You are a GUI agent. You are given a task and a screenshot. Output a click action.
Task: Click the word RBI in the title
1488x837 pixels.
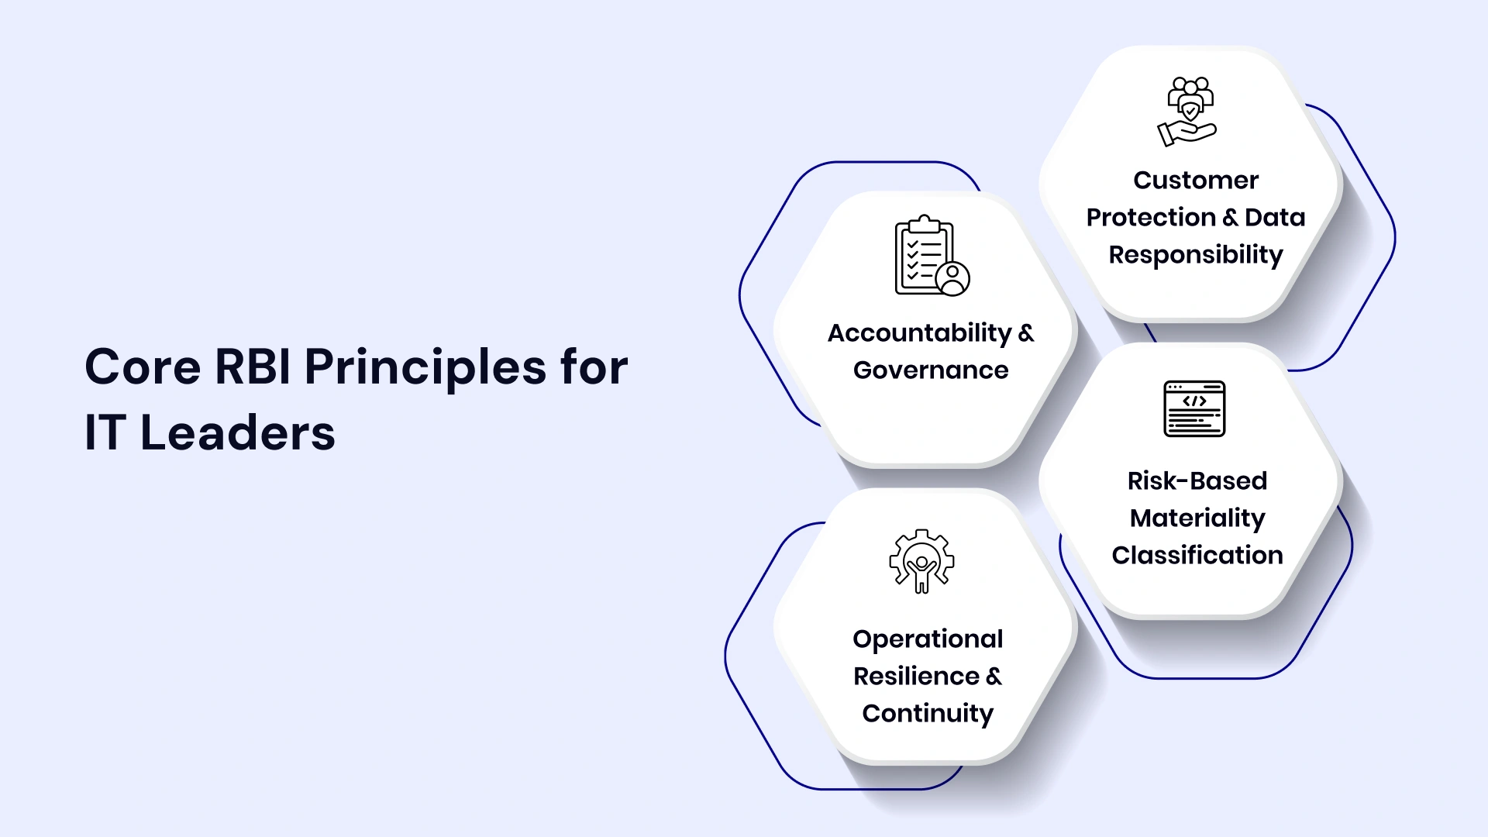252,367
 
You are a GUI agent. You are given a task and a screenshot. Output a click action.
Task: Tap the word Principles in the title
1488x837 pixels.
425,368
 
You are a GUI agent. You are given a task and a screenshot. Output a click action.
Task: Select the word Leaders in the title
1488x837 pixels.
237,433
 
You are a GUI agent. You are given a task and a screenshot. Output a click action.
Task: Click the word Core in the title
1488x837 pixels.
143,367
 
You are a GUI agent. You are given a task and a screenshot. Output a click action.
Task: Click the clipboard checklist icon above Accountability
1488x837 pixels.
931,257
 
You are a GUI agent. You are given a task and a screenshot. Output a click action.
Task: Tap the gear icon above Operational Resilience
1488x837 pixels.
921,561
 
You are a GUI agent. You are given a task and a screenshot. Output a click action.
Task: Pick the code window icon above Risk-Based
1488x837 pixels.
1194,408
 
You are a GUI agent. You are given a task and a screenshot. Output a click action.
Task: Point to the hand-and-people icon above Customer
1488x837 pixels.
1188,112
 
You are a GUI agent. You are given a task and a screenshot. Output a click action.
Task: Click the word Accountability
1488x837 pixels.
919,333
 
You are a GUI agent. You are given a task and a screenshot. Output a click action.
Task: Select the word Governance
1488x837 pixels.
931,370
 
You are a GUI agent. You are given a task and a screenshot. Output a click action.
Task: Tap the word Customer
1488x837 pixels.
1196,181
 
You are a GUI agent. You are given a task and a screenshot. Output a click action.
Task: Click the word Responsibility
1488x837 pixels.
1196,255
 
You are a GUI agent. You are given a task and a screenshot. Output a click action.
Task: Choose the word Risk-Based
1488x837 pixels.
1197,481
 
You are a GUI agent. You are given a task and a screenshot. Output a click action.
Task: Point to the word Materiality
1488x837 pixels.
1197,518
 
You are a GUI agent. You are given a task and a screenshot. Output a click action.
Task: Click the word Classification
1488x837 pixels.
1197,556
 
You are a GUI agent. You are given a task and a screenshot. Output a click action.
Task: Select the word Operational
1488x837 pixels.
928,639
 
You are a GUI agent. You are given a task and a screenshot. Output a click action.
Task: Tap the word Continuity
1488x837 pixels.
928,714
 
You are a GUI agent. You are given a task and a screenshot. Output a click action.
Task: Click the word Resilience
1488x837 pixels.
916,677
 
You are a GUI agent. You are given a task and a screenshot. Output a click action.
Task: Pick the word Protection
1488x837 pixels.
1151,218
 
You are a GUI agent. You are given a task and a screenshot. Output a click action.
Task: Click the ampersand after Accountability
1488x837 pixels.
1026,333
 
